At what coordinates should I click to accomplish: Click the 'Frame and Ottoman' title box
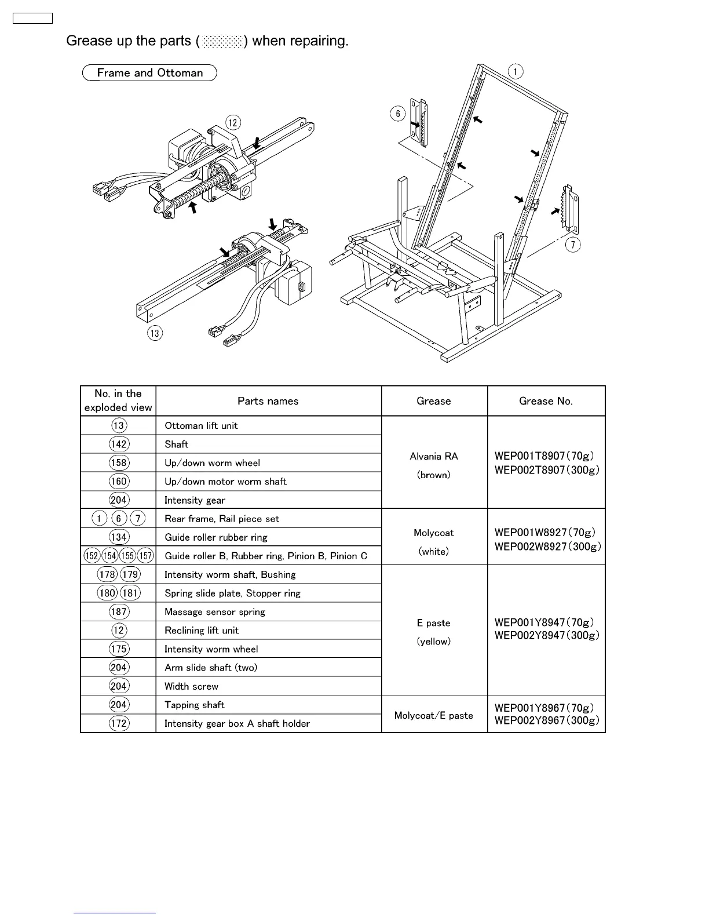click(149, 73)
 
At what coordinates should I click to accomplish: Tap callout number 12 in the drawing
click(233, 123)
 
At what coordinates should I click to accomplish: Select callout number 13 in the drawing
click(155, 333)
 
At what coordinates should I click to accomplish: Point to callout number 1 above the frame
click(515, 71)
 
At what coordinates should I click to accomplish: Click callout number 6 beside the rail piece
click(398, 114)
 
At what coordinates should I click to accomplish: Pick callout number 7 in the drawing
click(572, 245)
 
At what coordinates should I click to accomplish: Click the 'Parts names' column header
click(268, 401)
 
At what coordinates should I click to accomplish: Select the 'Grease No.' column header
click(546, 401)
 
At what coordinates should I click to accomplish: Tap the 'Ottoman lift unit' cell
click(201, 425)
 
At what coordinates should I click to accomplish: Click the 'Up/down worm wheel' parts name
click(212, 462)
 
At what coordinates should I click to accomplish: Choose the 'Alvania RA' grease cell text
click(433, 456)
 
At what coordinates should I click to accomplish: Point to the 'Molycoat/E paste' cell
click(433, 715)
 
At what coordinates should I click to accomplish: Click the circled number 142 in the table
click(119, 444)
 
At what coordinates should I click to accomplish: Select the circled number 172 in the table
click(119, 723)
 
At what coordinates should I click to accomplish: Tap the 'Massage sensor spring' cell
click(214, 611)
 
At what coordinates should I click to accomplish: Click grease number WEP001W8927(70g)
click(544, 532)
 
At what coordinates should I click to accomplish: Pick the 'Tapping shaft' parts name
click(194, 705)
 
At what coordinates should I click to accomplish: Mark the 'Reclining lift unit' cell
click(201, 630)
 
